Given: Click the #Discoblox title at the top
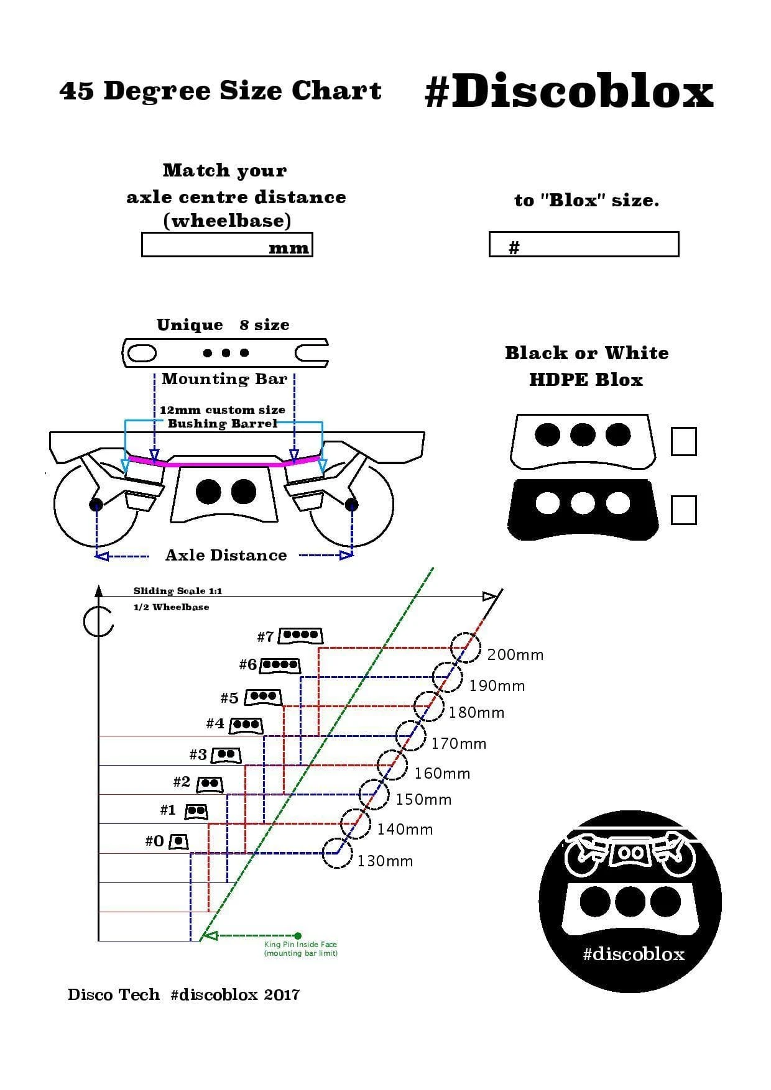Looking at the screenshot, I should click(568, 92).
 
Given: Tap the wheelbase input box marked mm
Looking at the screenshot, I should click(227, 244).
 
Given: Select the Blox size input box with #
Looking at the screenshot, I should click(583, 244).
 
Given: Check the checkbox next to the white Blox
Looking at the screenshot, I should click(683, 441).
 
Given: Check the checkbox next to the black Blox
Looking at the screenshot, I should click(683, 510).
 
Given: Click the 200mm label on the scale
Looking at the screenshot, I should click(515, 654).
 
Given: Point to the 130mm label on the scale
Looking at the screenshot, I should click(385, 861).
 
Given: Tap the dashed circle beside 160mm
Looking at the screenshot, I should click(392, 764).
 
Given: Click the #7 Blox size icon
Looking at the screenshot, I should click(301, 636).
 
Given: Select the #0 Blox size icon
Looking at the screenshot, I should click(178, 841).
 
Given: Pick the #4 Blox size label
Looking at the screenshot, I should click(215, 723).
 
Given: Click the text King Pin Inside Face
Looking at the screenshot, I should click(300, 944).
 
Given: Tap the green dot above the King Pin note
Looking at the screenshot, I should click(298, 935).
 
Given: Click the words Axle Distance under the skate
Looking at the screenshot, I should click(226, 555).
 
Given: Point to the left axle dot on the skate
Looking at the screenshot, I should click(96, 504).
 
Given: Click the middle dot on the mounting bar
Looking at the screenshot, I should click(226, 353).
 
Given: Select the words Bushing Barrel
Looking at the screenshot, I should click(222, 423).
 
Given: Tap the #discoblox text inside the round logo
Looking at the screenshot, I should click(633, 954).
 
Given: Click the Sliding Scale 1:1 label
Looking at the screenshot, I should click(177, 590).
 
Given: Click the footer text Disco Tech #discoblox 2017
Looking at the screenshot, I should click(183, 994).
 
